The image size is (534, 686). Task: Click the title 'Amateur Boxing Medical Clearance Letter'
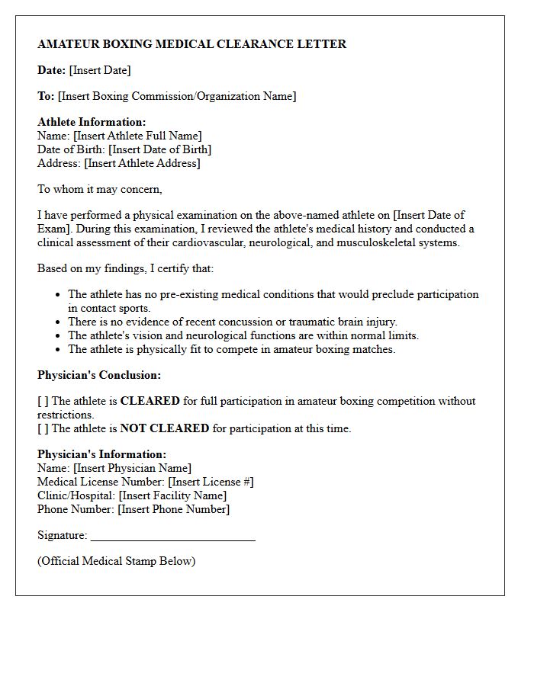click(x=191, y=44)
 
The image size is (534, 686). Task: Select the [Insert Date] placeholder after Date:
click(x=100, y=70)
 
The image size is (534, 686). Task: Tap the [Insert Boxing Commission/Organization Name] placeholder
click(x=177, y=96)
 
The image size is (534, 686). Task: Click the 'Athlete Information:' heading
click(x=92, y=122)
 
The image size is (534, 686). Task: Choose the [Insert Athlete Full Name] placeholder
click(x=137, y=136)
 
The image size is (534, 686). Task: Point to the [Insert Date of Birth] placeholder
click(x=159, y=149)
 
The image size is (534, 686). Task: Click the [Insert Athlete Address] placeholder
click(x=142, y=163)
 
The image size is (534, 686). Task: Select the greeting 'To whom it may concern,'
click(x=100, y=189)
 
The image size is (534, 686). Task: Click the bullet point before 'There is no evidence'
click(x=59, y=322)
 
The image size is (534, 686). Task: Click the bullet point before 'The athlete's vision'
click(x=59, y=336)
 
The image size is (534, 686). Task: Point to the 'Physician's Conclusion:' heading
click(x=99, y=375)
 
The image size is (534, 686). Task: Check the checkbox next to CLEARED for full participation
click(x=43, y=401)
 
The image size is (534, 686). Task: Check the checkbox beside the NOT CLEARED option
click(x=43, y=428)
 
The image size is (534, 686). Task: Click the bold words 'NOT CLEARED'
click(x=164, y=428)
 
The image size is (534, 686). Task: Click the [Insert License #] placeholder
click(x=211, y=482)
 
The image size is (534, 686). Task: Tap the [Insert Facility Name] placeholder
click(x=173, y=495)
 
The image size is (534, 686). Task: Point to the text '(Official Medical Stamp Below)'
click(x=117, y=561)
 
